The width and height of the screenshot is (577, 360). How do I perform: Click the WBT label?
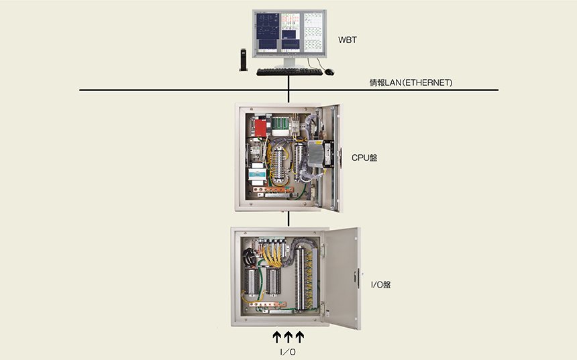[x=348, y=40]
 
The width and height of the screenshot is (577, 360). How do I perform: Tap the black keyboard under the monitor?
[x=289, y=72]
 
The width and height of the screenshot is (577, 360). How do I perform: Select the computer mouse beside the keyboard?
[x=329, y=72]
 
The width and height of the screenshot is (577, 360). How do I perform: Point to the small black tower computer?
[x=244, y=60]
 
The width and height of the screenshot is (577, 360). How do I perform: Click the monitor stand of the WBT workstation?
[x=289, y=63]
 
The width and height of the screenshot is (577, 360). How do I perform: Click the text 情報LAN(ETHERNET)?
[x=411, y=82]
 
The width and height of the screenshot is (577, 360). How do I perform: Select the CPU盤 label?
[x=364, y=158]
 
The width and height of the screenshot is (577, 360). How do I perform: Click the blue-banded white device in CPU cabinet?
[x=257, y=174]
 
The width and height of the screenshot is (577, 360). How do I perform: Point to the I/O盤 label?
[x=380, y=285]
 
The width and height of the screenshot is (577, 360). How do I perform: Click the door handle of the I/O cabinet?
[x=356, y=278]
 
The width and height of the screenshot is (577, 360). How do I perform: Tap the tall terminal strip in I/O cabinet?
[x=301, y=278]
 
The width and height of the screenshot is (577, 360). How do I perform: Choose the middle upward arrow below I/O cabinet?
[x=288, y=337]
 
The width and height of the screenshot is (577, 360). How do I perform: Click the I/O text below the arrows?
[x=288, y=352]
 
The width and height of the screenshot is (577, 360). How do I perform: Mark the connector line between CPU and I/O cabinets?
[x=288, y=219]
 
